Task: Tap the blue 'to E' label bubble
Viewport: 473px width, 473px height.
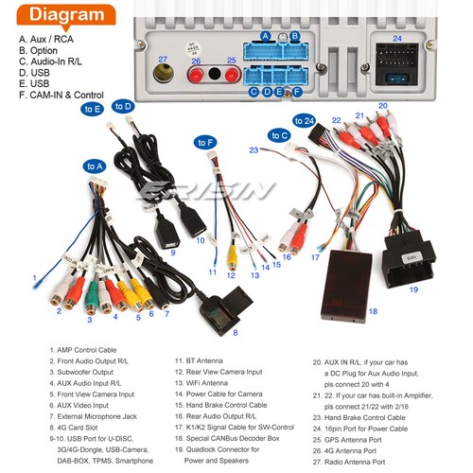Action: pyautogui.click(x=93, y=109)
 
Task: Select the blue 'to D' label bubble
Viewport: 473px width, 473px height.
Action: pyautogui.click(x=123, y=106)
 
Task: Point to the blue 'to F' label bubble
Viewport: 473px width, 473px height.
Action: pyautogui.click(x=205, y=143)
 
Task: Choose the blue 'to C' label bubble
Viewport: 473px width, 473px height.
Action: pyautogui.click(x=279, y=135)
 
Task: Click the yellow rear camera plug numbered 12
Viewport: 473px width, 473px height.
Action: pyautogui.click(x=231, y=255)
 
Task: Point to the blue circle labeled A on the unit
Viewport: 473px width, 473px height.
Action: pyautogui.click(x=266, y=36)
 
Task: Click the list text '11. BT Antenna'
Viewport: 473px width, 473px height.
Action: pyautogui.click(x=200, y=359)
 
